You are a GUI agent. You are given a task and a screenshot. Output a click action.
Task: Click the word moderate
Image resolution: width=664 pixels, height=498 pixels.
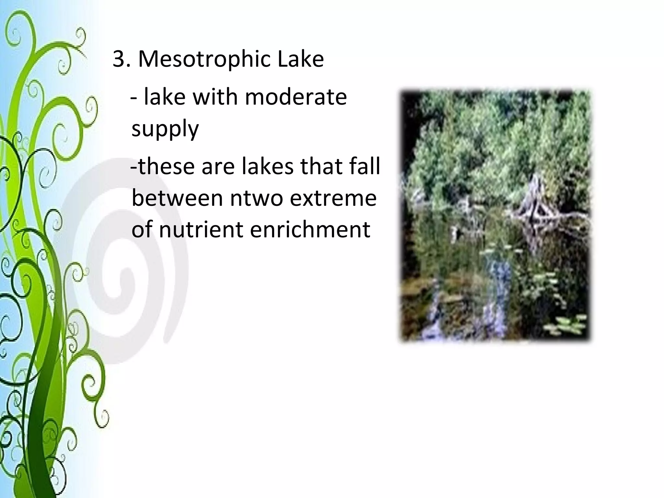point(296,97)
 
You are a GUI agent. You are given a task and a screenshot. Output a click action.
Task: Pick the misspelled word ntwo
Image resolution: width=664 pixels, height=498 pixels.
point(256,198)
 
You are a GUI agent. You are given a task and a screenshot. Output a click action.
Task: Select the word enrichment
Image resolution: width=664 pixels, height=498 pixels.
point(310,230)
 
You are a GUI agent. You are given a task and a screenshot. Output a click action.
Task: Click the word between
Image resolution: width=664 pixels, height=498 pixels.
point(177,198)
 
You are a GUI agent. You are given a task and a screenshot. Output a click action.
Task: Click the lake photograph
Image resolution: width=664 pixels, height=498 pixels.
point(495,215)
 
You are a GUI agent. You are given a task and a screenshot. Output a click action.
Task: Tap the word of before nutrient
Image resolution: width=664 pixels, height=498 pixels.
point(142,230)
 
